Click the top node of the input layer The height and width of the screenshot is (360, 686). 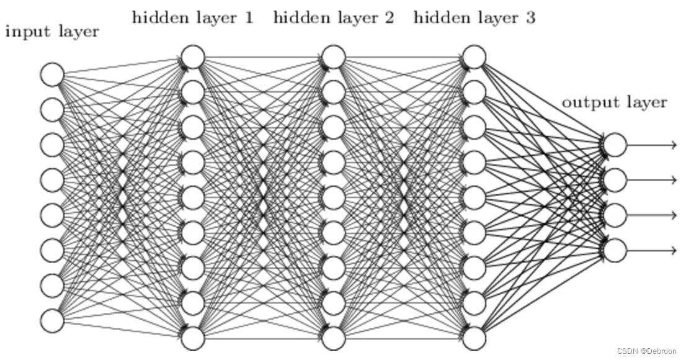[x=52, y=74]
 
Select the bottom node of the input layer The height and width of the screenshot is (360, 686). [x=52, y=321]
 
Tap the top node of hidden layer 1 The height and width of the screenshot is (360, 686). [x=193, y=57]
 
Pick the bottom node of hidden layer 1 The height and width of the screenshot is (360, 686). [x=193, y=338]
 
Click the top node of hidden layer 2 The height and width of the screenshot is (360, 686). [x=334, y=57]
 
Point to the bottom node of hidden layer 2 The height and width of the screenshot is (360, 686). [x=334, y=338]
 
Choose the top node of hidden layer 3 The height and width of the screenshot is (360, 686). [x=474, y=57]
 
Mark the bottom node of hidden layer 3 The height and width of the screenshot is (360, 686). [x=474, y=338]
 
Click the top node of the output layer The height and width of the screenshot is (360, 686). [x=615, y=145]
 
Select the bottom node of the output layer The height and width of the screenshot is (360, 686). [x=615, y=251]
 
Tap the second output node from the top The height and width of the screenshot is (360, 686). [x=615, y=180]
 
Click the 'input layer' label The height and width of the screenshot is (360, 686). [x=52, y=32]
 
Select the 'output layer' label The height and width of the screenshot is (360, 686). [x=614, y=102]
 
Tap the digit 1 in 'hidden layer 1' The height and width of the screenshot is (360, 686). [x=249, y=17]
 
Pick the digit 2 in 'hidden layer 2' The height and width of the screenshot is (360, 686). [x=389, y=17]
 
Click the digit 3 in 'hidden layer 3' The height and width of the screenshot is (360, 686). [x=530, y=17]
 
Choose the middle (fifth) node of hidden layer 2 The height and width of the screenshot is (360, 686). [x=334, y=197]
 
